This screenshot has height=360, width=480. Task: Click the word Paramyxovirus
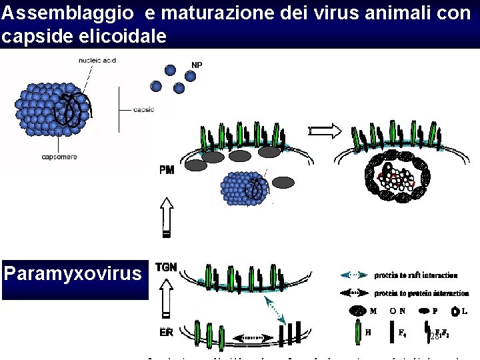click(x=73, y=273)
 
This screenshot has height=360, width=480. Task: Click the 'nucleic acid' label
click(x=97, y=60)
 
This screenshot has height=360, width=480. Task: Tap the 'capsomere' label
click(x=59, y=157)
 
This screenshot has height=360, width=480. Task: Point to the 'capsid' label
click(x=144, y=109)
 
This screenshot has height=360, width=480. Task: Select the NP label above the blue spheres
click(x=197, y=65)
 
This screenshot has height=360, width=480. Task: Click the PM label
click(x=167, y=170)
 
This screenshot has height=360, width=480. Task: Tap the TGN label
click(x=166, y=267)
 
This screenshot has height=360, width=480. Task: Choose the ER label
click(x=167, y=331)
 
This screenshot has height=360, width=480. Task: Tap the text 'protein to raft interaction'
click(x=416, y=275)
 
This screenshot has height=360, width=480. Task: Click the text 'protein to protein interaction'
click(x=421, y=293)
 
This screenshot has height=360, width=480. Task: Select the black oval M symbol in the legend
click(x=357, y=311)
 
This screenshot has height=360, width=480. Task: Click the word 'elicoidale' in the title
click(x=131, y=37)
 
